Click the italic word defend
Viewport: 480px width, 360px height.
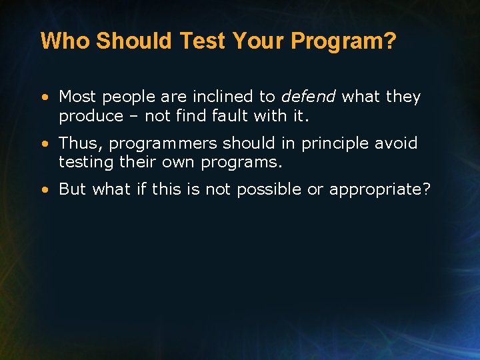(308, 97)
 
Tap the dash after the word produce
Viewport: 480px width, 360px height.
(134, 116)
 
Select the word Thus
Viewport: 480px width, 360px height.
(81, 143)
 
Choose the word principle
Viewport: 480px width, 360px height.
(336, 143)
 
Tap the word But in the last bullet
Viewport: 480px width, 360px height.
(73, 189)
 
